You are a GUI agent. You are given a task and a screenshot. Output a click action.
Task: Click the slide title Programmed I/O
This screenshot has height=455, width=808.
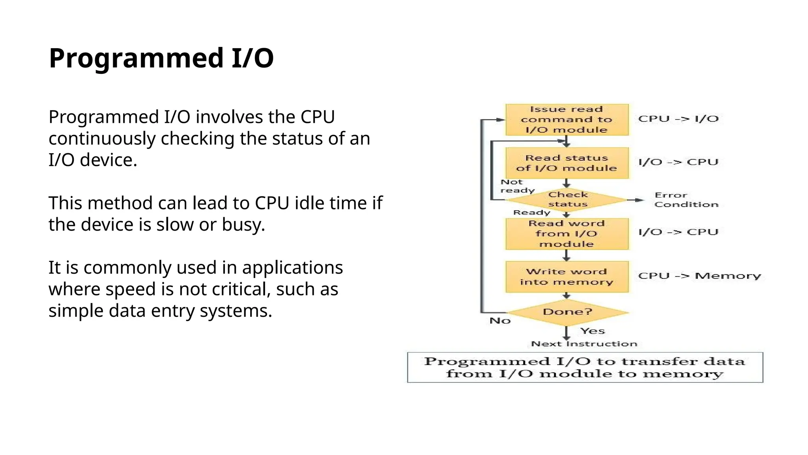click(161, 58)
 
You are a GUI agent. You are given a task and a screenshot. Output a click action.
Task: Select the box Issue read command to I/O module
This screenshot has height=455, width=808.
click(567, 120)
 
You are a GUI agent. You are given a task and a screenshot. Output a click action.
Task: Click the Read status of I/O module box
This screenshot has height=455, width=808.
click(567, 163)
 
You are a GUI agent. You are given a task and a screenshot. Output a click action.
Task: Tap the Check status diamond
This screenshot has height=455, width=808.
click(567, 199)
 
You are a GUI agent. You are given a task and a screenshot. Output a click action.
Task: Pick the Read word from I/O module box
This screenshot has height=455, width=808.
click(567, 234)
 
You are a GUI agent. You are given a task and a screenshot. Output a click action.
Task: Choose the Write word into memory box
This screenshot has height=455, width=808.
click(567, 277)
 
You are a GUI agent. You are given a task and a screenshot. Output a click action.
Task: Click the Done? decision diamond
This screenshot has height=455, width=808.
click(567, 312)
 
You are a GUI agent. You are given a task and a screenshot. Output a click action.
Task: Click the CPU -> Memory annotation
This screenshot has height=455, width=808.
click(699, 276)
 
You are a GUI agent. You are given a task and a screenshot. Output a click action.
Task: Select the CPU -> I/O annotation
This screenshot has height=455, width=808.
click(678, 119)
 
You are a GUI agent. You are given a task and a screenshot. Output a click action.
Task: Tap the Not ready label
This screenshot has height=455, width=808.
click(516, 186)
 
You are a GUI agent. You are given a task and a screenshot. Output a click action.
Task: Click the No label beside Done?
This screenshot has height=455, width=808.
click(500, 321)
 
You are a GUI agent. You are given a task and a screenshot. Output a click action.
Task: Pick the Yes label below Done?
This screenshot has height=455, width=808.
click(592, 331)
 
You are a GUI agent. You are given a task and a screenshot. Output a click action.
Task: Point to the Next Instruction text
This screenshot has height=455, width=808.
click(584, 344)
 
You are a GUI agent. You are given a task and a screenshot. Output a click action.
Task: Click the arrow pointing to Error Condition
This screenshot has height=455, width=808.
click(635, 200)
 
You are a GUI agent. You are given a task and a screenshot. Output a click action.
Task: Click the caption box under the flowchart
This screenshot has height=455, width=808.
click(585, 367)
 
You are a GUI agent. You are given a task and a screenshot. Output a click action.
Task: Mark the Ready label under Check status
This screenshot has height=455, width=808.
click(531, 212)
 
